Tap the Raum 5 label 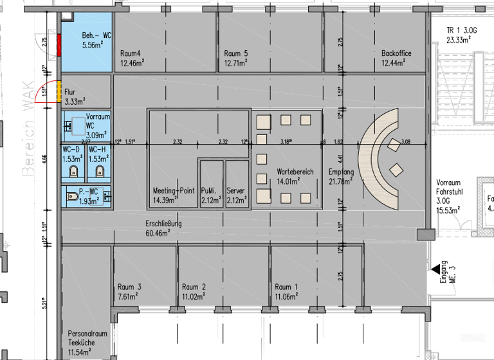[x=236, y=53]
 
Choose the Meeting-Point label [x=174, y=191]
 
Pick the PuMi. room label [x=209, y=191]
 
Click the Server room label [x=236, y=191]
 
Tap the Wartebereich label [x=295, y=172]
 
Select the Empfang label [x=341, y=172]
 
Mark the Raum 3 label [x=130, y=287]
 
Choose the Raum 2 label [x=194, y=287]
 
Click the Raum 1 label [x=286, y=287]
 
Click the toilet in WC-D [x=75, y=171]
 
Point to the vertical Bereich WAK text [x=28, y=141]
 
